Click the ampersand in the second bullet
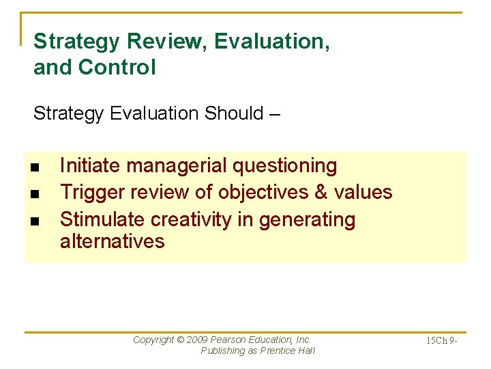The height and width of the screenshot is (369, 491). point(321,193)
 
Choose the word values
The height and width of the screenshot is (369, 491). point(363,193)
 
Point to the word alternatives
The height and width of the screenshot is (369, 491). point(112,241)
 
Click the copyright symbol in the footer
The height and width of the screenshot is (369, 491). point(181,340)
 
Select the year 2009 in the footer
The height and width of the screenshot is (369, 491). point(198,340)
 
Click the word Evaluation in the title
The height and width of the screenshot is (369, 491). point(271,42)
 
